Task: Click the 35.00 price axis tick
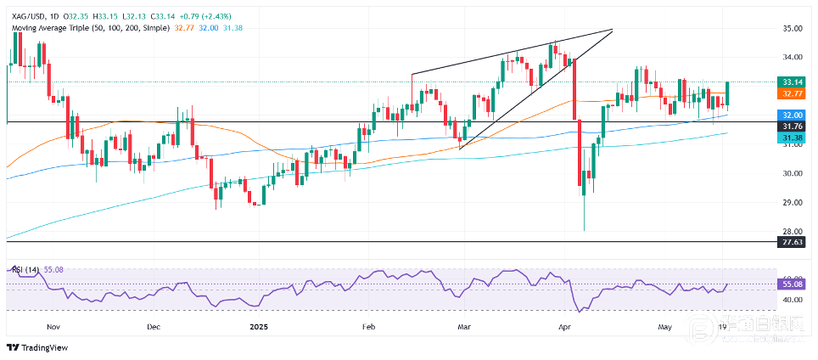pyautogui.click(x=793, y=28)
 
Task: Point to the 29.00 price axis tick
pyautogui.click(x=793, y=202)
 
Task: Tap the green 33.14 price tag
pyautogui.click(x=793, y=82)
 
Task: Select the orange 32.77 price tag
pyautogui.click(x=793, y=93)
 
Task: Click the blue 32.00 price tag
pyautogui.click(x=793, y=115)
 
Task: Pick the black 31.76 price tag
pyautogui.click(x=793, y=127)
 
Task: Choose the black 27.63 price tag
pyautogui.click(x=793, y=242)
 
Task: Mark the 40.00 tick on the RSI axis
pyautogui.click(x=793, y=300)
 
